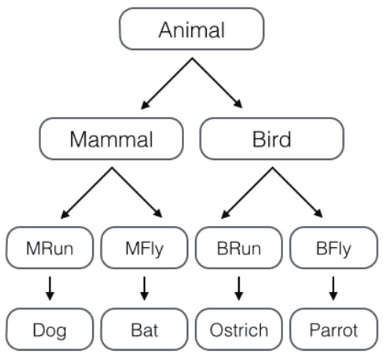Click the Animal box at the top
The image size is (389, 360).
pyautogui.click(x=192, y=29)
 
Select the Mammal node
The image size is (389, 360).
pyautogui.click(x=111, y=139)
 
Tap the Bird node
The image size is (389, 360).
pyautogui.click(x=271, y=139)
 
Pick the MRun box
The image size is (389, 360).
pyautogui.click(x=50, y=249)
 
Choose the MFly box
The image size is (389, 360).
pyautogui.click(x=144, y=249)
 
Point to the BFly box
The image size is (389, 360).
pyautogui.click(x=334, y=249)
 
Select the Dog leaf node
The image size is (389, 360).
pyautogui.click(x=50, y=329)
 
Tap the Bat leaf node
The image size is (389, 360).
pyautogui.click(x=144, y=329)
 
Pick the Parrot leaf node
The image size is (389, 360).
pyautogui.click(x=334, y=329)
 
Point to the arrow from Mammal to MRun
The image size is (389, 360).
pyautogui.click(x=88, y=193)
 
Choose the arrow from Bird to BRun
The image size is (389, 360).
pyautogui.click(x=247, y=193)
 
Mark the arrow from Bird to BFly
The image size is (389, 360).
pyautogui.click(x=298, y=193)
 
